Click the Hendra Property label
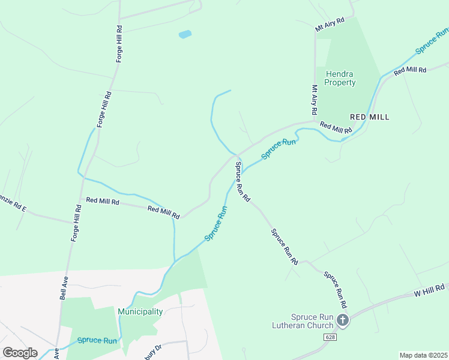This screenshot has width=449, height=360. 340,78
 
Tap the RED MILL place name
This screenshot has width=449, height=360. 370,117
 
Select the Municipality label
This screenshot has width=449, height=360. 140,311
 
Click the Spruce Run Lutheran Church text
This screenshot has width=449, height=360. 312,321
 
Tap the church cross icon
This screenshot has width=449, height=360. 343,320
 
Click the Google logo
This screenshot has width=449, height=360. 20,353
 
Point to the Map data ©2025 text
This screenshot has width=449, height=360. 423,355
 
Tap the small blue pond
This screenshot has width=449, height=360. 185,34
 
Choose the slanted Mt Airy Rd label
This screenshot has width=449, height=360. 330,25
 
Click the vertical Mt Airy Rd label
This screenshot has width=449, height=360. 314,100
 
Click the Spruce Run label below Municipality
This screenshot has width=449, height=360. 97,341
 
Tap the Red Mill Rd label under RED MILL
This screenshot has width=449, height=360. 336,128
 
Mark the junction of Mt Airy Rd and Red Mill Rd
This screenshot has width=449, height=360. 315,121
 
